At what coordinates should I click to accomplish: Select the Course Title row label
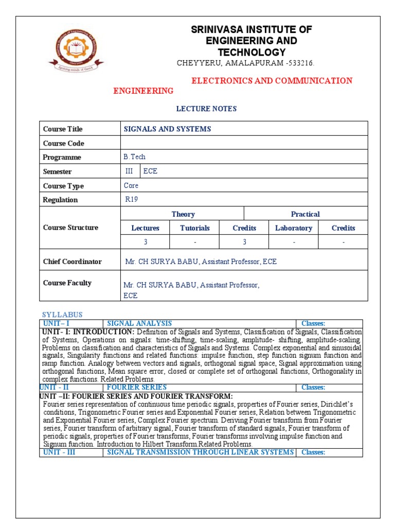pos(63,129)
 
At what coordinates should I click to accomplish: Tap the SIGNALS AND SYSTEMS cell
pos(168,129)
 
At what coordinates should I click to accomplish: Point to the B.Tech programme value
pos(135,157)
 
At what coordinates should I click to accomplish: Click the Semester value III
pos(129,171)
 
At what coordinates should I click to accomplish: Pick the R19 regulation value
pos(132,200)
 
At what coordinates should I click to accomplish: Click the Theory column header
pos(183,214)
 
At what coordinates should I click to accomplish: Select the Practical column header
pos(305,214)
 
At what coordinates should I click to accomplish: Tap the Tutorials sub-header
pos(194,228)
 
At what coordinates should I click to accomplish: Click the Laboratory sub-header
pos(293,228)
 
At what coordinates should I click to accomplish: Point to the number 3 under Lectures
pos(145,242)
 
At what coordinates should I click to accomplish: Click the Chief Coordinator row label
pos(73,261)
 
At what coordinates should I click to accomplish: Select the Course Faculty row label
pos(67,283)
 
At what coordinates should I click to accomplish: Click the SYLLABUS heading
pos(62,314)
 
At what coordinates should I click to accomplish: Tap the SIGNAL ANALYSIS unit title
pos(139,323)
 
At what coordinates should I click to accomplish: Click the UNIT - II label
pos(60,387)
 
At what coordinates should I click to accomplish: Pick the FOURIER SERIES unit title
pos(137,387)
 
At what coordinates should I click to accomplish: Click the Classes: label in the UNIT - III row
pos(313,452)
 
